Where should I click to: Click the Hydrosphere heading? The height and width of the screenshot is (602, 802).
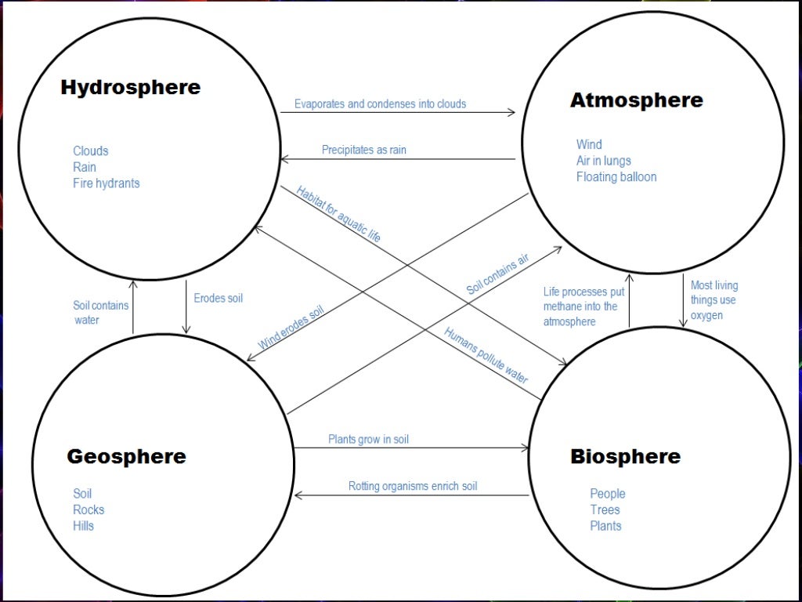click(x=130, y=87)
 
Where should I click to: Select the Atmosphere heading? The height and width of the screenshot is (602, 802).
click(x=636, y=100)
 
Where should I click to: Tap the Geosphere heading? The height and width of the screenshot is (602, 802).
click(x=126, y=456)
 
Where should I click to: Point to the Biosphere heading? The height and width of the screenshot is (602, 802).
click(x=625, y=456)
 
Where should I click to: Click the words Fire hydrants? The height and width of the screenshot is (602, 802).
click(x=107, y=183)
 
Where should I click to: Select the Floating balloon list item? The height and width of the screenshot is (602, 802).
click(x=616, y=177)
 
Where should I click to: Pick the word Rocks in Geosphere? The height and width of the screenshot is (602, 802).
click(x=89, y=510)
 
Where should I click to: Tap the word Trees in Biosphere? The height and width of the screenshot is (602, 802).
click(x=605, y=510)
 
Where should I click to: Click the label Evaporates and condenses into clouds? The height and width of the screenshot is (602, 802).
click(x=380, y=103)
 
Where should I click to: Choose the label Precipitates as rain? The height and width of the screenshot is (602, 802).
click(x=364, y=150)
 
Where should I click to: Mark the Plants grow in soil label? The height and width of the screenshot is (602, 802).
click(x=368, y=440)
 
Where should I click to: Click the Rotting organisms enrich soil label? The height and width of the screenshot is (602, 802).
click(x=413, y=486)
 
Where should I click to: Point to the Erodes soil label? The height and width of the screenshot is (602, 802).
click(x=219, y=299)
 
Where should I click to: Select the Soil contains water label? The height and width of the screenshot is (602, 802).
click(x=100, y=313)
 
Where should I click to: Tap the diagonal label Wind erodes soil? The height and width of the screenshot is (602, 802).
click(x=291, y=326)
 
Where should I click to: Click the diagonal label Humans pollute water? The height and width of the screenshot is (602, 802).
click(x=486, y=354)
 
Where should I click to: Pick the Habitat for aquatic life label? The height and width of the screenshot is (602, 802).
click(x=339, y=213)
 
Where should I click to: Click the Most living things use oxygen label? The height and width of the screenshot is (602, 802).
click(x=713, y=300)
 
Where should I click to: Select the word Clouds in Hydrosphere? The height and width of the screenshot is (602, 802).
click(x=91, y=150)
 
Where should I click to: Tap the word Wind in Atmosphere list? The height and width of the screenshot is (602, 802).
click(x=589, y=144)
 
